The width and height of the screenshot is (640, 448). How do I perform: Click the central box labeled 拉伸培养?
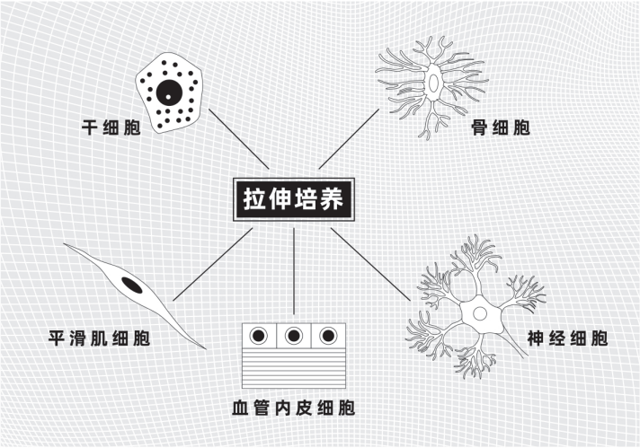(294, 198)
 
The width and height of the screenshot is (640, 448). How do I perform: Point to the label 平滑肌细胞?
(101, 339)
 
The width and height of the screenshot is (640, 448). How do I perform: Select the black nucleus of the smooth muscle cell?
(132, 286)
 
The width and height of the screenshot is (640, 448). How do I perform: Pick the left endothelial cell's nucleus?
(259, 337)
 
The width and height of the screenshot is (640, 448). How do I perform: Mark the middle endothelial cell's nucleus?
(293, 337)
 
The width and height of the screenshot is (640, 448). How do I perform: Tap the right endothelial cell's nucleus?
(328, 337)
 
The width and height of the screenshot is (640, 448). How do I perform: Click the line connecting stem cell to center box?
(237, 142)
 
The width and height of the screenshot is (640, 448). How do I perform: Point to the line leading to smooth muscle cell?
(212, 264)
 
